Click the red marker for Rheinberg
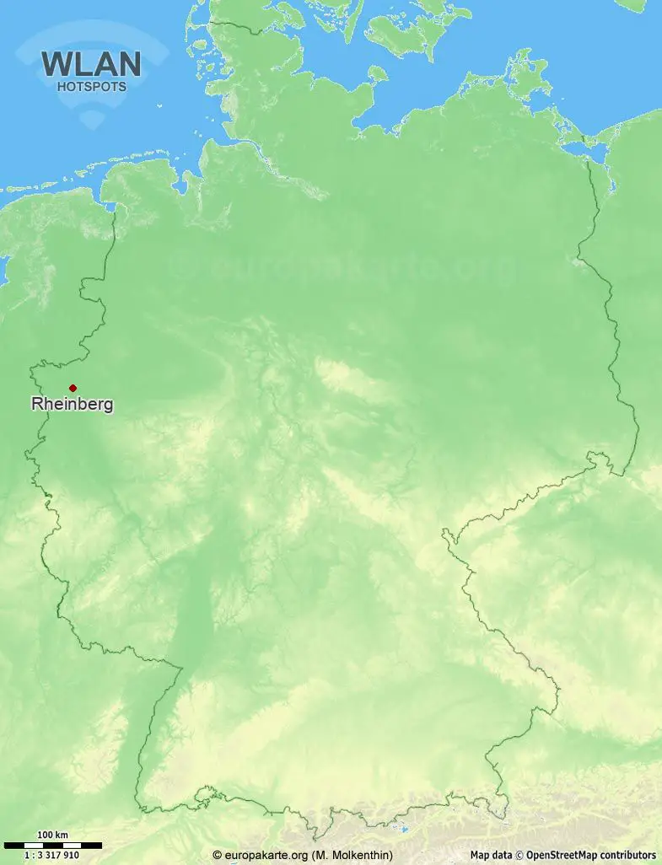[73, 388]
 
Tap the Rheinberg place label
[72, 405]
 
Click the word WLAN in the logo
[91, 65]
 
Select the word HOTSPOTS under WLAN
[91, 86]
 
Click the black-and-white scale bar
[52, 845]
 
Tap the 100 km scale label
[52, 835]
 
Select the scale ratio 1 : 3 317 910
[52, 855]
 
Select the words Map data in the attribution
[491, 855]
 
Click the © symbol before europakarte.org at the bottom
[217, 855]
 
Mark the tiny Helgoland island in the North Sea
[159, 106]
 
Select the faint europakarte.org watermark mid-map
[346, 268]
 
